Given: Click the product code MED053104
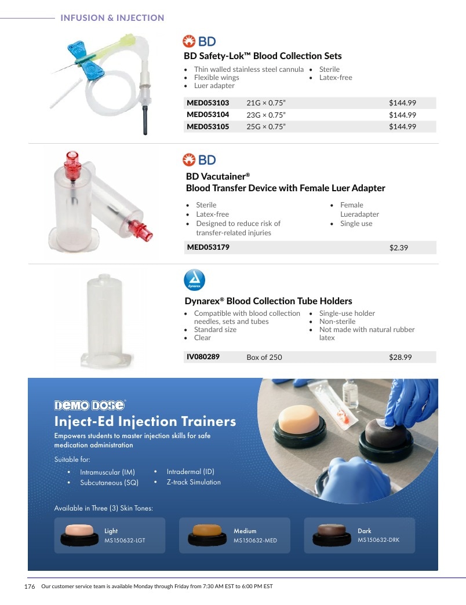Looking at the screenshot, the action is [207, 115].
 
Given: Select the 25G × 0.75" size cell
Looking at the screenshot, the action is [266, 126].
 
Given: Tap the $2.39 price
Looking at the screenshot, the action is [399, 247].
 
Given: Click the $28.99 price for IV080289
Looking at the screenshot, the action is [400, 358].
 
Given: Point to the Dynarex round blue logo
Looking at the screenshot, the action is [194, 280].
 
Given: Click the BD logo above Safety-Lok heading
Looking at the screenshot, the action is [199, 41].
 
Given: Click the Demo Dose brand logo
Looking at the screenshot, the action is [90, 405].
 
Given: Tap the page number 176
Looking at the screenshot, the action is [30, 586].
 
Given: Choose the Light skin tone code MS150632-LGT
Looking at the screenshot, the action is [125, 541].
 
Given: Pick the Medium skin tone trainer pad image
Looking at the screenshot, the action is [207, 535].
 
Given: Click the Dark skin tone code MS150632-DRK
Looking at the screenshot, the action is [378, 540].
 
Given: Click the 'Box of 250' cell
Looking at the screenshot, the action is [264, 358].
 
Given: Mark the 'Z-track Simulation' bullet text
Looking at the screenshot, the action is [194, 482].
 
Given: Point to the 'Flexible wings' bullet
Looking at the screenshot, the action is [216, 78].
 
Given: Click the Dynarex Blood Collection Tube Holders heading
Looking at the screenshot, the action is [268, 301].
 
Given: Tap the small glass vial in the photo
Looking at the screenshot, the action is [350, 393].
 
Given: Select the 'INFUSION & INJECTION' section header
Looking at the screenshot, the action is [112, 18].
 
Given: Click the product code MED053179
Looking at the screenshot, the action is [208, 247].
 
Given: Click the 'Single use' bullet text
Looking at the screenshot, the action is [356, 224].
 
